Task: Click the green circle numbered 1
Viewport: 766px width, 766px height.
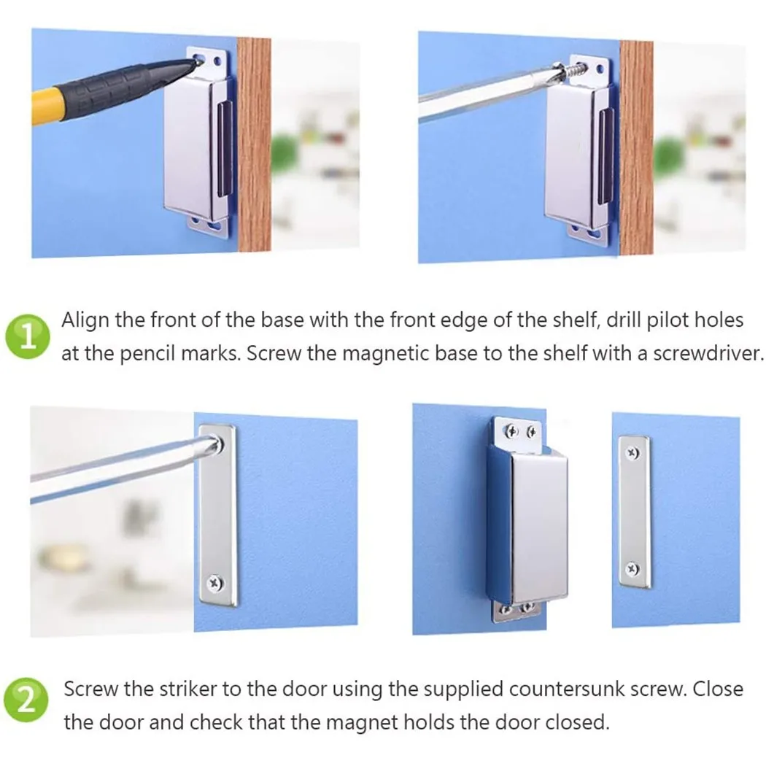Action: (x=28, y=336)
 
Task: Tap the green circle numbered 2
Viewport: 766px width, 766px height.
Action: (x=27, y=700)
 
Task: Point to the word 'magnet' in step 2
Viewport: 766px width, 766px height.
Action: (x=360, y=722)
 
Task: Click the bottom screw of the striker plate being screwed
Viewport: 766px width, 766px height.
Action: (x=215, y=582)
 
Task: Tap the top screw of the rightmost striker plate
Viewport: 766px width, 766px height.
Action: (x=632, y=453)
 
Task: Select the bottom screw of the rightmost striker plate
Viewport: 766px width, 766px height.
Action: (x=632, y=568)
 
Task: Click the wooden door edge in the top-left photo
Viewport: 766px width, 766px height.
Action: (x=254, y=144)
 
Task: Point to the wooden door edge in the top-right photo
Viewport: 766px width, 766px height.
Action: (x=637, y=147)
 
